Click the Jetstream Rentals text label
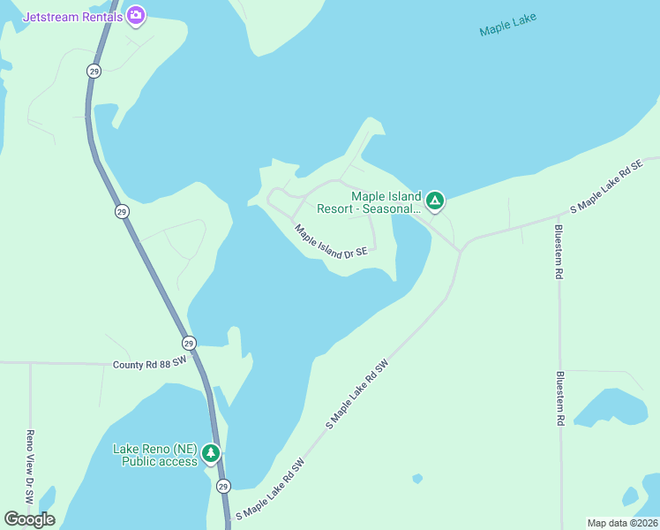72,16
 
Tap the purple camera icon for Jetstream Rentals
135,15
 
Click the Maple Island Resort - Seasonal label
386,202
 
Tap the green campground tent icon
434,201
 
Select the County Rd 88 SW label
150,363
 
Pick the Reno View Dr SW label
30,467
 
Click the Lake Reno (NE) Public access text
155,454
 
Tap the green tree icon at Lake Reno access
210,454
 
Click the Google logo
29,519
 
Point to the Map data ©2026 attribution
623,523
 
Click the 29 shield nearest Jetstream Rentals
94,71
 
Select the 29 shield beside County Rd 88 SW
189,343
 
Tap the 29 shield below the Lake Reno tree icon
223,487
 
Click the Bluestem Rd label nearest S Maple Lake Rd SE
559,252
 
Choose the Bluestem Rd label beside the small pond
559,398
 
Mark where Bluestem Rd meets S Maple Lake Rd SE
559,216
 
